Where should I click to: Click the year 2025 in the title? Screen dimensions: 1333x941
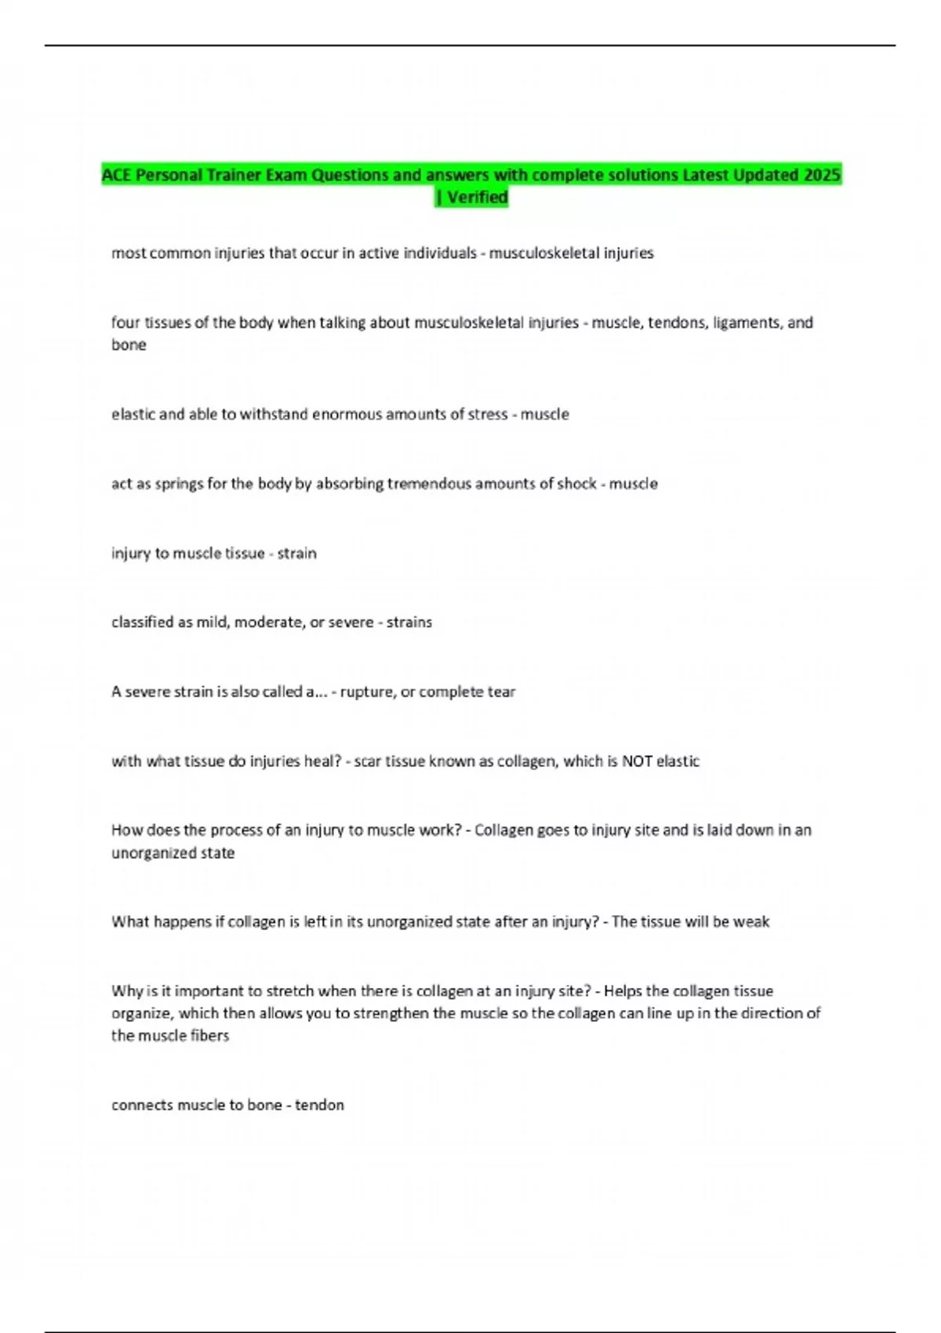tap(822, 175)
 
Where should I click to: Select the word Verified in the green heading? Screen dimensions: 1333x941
tap(478, 197)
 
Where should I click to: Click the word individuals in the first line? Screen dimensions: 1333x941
tap(440, 253)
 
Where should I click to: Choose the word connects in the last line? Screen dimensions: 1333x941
tap(142, 1105)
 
